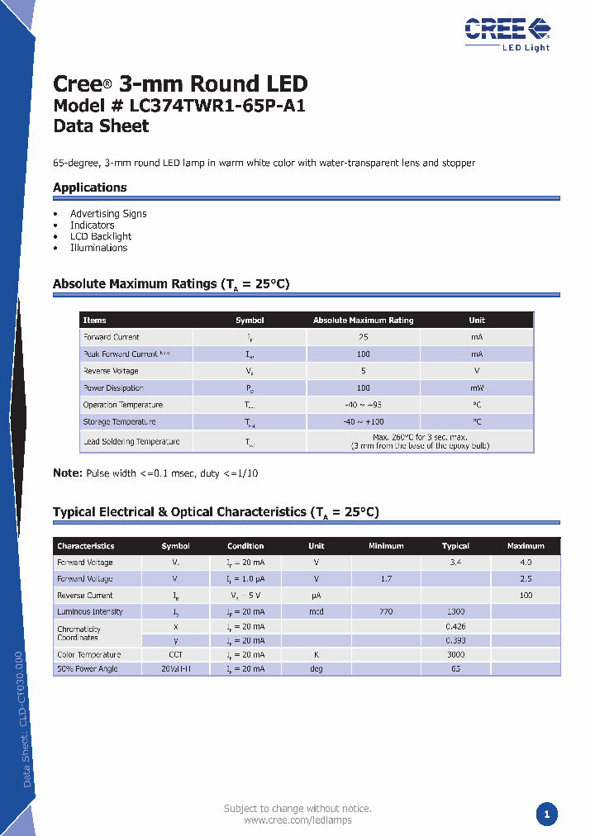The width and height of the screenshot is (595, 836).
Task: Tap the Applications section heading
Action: pyautogui.click(x=89, y=188)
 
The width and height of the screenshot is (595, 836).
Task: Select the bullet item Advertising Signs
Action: pyautogui.click(x=108, y=214)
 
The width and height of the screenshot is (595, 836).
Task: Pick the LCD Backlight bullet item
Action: pyautogui.click(x=101, y=236)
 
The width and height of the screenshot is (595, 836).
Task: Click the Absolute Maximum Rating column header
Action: pyautogui.click(x=363, y=321)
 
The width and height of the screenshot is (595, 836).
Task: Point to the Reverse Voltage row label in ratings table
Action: pyautogui.click(x=111, y=371)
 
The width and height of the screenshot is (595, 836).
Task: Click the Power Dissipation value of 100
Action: pyautogui.click(x=363, y=388)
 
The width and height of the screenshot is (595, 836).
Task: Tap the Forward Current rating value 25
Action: pyautogui.click(x=363, y=337)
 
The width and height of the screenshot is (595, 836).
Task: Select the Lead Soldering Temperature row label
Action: pyautogui.click(x=131, y=442)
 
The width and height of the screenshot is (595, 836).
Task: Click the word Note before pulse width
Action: pyautogui.click(x=66, y=473)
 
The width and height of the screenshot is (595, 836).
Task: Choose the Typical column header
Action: pyautogui.click(x=455, y=546)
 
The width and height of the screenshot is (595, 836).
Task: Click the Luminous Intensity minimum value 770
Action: pyautogui.click(x=386, y=612)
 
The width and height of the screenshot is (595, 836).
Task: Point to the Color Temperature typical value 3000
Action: pyautogui.click(x=455, y=655)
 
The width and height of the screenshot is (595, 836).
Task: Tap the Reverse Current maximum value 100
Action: pyautogui.click(x=526, y=596)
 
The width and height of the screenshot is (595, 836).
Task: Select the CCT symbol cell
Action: pyautogui.click(x=175, y=655)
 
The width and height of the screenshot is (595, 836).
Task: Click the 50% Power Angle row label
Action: pyautogui.click(x=87, y=669)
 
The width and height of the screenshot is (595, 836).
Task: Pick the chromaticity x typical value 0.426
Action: pyautogui.click(x=455, y=627)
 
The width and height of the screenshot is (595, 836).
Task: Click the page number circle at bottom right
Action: pyautogui.click(x=545, y=815)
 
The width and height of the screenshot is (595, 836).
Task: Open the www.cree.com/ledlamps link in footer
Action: pyautogui.click(x=297, y=820)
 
